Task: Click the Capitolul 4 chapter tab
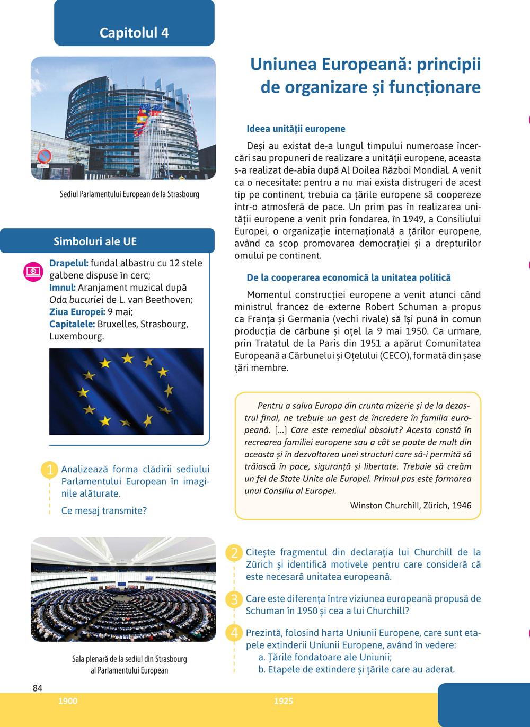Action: pos(134,32)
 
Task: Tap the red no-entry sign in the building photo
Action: pos(44,156)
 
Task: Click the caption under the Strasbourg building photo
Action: pos(129,194)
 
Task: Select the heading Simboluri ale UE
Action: pos(95,241)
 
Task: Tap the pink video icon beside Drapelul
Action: pos(33,272)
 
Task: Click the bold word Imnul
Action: pos(62,288)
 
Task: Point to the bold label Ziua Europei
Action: pos(77,312)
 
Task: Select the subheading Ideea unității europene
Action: pos(296,129)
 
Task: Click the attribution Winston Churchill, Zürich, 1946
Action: pos(410,506)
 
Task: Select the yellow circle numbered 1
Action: pos(50,470)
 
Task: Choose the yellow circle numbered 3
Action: pos(234,599)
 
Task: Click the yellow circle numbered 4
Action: pos(234,633)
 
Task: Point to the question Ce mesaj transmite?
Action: pos(104,511)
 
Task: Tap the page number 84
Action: pos(38,688)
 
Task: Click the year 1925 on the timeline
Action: pos(284,701)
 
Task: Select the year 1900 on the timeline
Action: pos(68,701)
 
